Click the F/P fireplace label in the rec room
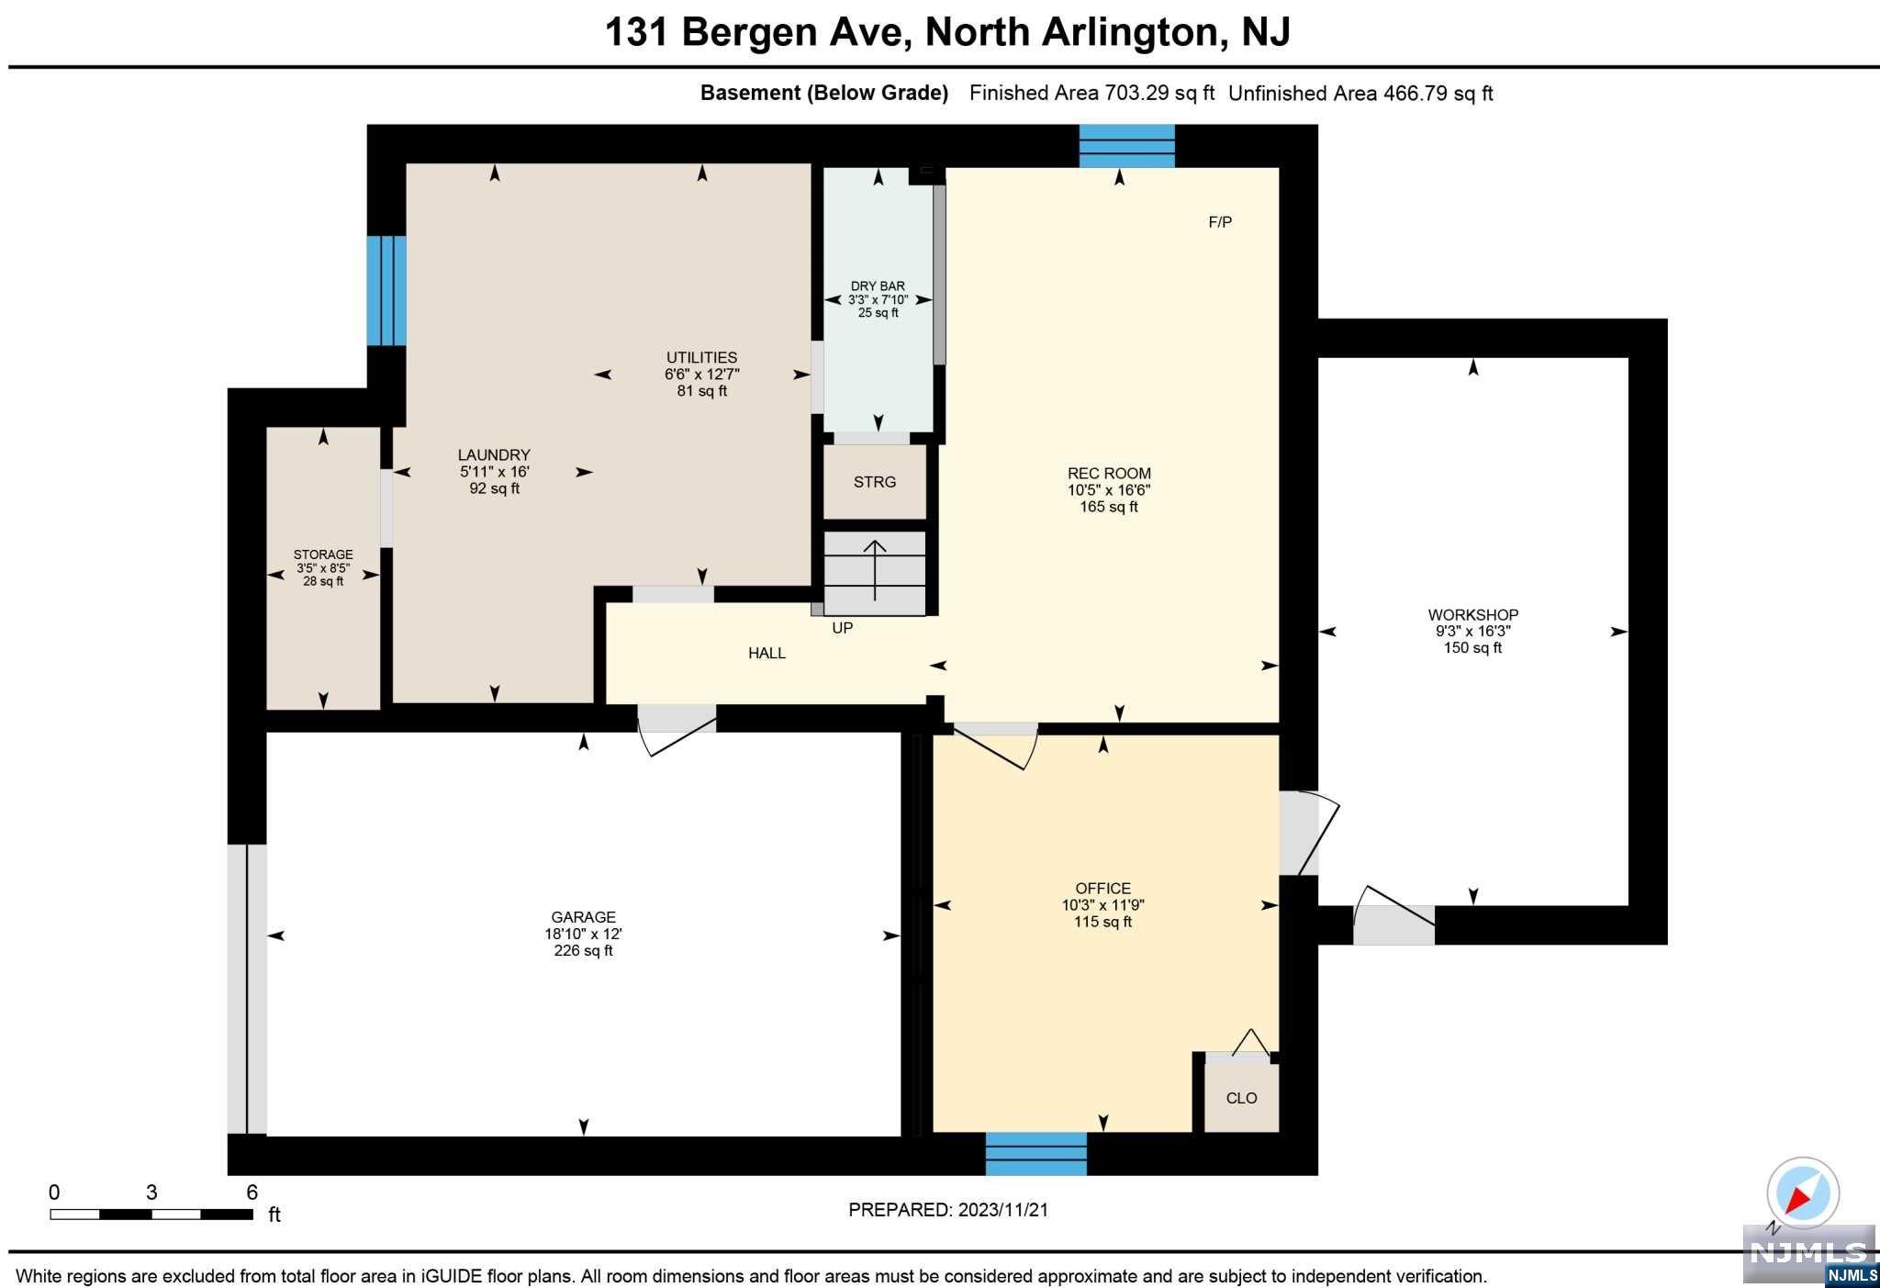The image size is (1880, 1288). click(1220, 222)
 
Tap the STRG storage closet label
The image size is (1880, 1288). click(875, 482)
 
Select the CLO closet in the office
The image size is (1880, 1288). click(1241, 1098)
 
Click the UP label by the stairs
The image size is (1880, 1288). click(843, 628)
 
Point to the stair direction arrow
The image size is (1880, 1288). click(875, 570)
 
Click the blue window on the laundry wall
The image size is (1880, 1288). click(386, 291)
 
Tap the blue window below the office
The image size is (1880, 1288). click(1036, 1154)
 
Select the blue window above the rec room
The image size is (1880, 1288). click(1127, 146)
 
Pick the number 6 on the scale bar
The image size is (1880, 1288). click(252, 1193)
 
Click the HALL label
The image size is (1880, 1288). click(767, 654)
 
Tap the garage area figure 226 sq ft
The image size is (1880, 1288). click(584, 951)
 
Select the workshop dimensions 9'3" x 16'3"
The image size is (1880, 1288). click(1473, 632)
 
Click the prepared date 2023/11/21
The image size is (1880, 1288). click(1003, 1210)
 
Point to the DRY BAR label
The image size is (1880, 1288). click(878, 286)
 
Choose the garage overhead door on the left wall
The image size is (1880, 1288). click(247, 989)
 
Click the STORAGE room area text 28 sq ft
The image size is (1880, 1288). click(323, 581)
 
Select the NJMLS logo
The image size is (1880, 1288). click(1809, 1255)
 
